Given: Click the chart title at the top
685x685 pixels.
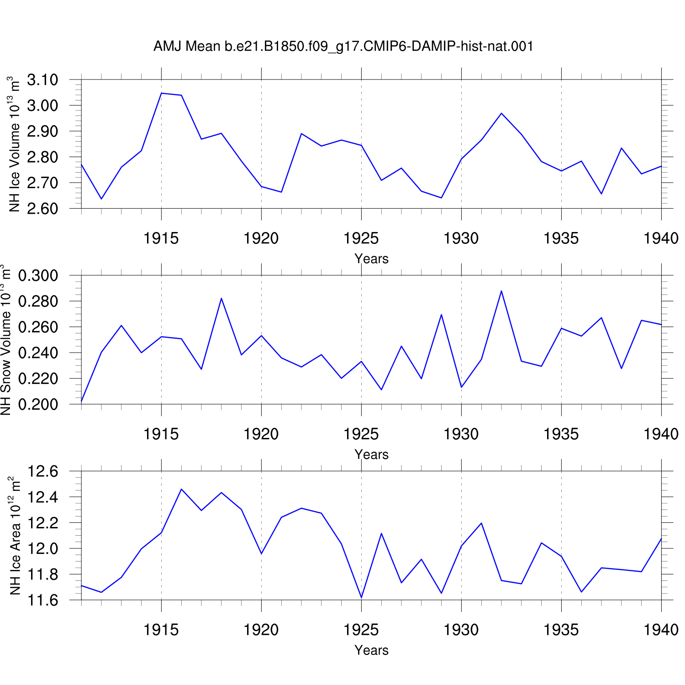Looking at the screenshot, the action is tap(343, 46).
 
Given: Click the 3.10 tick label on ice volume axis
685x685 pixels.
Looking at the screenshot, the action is tap(42, 80).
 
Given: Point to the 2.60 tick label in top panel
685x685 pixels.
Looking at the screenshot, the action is tap(42, 208).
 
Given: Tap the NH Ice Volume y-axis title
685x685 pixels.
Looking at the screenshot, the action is tap(14, 144).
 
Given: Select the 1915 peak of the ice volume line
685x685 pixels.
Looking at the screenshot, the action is tap(161, 93).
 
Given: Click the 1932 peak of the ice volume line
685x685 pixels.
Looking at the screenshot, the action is tap(501, 113).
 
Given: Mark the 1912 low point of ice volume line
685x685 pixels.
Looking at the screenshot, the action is tap(101, 199).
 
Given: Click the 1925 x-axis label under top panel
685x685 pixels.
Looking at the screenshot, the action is tap(361, 238).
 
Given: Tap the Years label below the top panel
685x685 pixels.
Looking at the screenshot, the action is tap(371, 259).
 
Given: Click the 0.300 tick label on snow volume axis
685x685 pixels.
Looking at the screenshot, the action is tap(38, 275).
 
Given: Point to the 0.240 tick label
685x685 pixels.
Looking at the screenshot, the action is tap(38, 353).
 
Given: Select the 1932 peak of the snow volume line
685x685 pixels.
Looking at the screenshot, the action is tap(501, 291).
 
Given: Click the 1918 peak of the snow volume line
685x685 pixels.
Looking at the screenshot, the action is tap(221, 298).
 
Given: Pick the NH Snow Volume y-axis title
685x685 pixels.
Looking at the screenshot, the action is tap(5, 340).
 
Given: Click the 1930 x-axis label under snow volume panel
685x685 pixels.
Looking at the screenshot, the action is tap(461, 434).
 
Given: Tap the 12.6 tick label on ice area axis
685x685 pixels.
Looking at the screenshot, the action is tap(43, 471).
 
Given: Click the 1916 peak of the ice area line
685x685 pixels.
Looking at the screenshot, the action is tap(181, 489).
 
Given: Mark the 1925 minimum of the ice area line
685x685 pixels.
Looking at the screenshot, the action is tap(361, 597).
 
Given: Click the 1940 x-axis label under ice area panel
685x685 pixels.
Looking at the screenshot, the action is tap(661, 630).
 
